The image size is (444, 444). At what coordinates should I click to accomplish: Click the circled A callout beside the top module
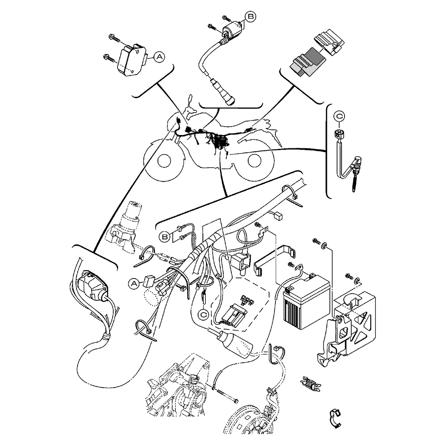(159, 56)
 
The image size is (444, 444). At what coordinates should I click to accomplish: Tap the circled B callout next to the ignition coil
(251, 16)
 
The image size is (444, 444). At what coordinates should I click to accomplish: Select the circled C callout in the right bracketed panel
(340, 116)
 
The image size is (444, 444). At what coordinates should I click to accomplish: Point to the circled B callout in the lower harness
(165, 237)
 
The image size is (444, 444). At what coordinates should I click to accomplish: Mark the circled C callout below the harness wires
(203, 314)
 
